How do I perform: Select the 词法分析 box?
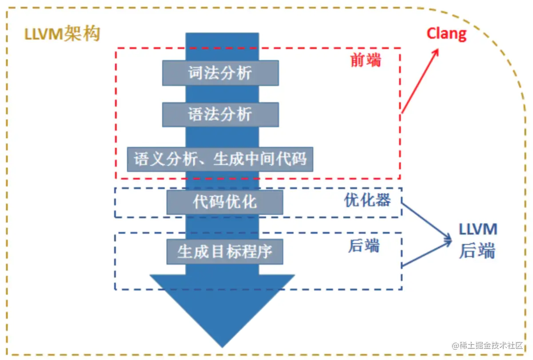(220, 73)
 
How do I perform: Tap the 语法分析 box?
(220, 115)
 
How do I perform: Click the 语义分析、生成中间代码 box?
(220, 159)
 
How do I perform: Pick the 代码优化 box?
(225, 202)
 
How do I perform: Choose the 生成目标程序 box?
(225, 252)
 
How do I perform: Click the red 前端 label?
(366, 60)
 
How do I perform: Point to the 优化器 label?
(367, 200)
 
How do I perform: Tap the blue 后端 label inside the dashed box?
(364, 246)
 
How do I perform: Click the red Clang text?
(446, 34)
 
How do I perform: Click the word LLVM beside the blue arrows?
(478, 230)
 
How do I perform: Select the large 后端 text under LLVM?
(477, 251)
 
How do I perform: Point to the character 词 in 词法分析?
(196, 73)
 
